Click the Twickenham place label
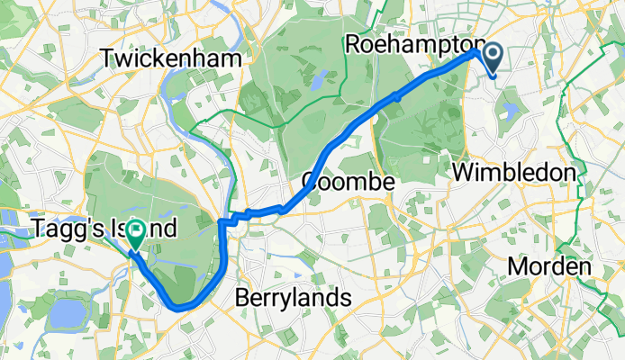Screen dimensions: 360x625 [x=172, y=58]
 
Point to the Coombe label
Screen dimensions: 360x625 [x=348, y=182]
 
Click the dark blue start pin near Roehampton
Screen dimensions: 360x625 [x=494, y=57]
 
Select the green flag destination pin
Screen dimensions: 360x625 [x=135, y=233]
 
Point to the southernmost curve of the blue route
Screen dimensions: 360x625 [x=180, y=307]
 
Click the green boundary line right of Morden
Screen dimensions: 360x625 [x=602, y=270]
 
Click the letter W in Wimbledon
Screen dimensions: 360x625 [x=465, y=171]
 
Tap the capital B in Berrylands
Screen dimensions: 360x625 [x=241, y=297]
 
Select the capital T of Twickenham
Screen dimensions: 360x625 [x=108, y=58]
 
